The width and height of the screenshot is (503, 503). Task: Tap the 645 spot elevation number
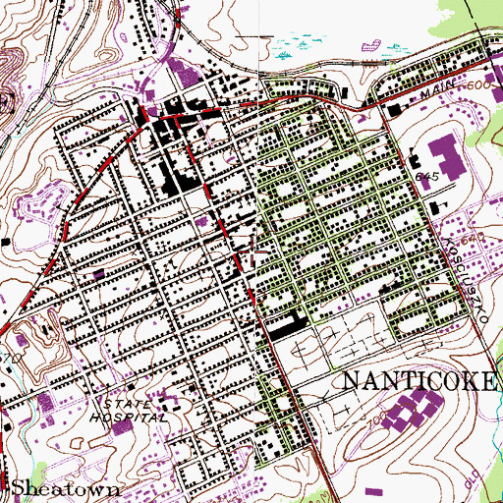425,175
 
